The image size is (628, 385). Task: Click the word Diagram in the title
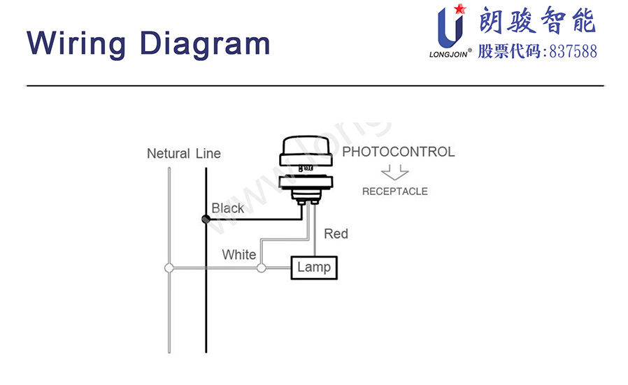(x=205, y=43)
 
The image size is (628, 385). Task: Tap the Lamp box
(x=314, y=268)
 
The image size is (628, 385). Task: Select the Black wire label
(x=228, y=208)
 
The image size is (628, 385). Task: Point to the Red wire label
(x=336, y=234)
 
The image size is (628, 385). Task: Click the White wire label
(x=239, y=255)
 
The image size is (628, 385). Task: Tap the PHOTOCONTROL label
(x=399, y=152)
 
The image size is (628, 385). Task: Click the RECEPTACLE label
(x=394, y=191)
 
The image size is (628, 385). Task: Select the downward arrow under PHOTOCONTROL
(x=395, y=172)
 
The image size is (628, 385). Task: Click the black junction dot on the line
(x=206, y=219)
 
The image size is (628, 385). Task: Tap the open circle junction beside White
(x=262, y=268)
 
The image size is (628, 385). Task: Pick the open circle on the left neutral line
(x=169, y=268)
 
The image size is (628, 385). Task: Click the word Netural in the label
(x=169, y=154)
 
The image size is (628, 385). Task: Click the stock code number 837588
(x=573, y=52)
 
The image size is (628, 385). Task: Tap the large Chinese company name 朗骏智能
(x=537, y=22)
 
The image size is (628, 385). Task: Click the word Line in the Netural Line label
(x=208, y=154)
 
